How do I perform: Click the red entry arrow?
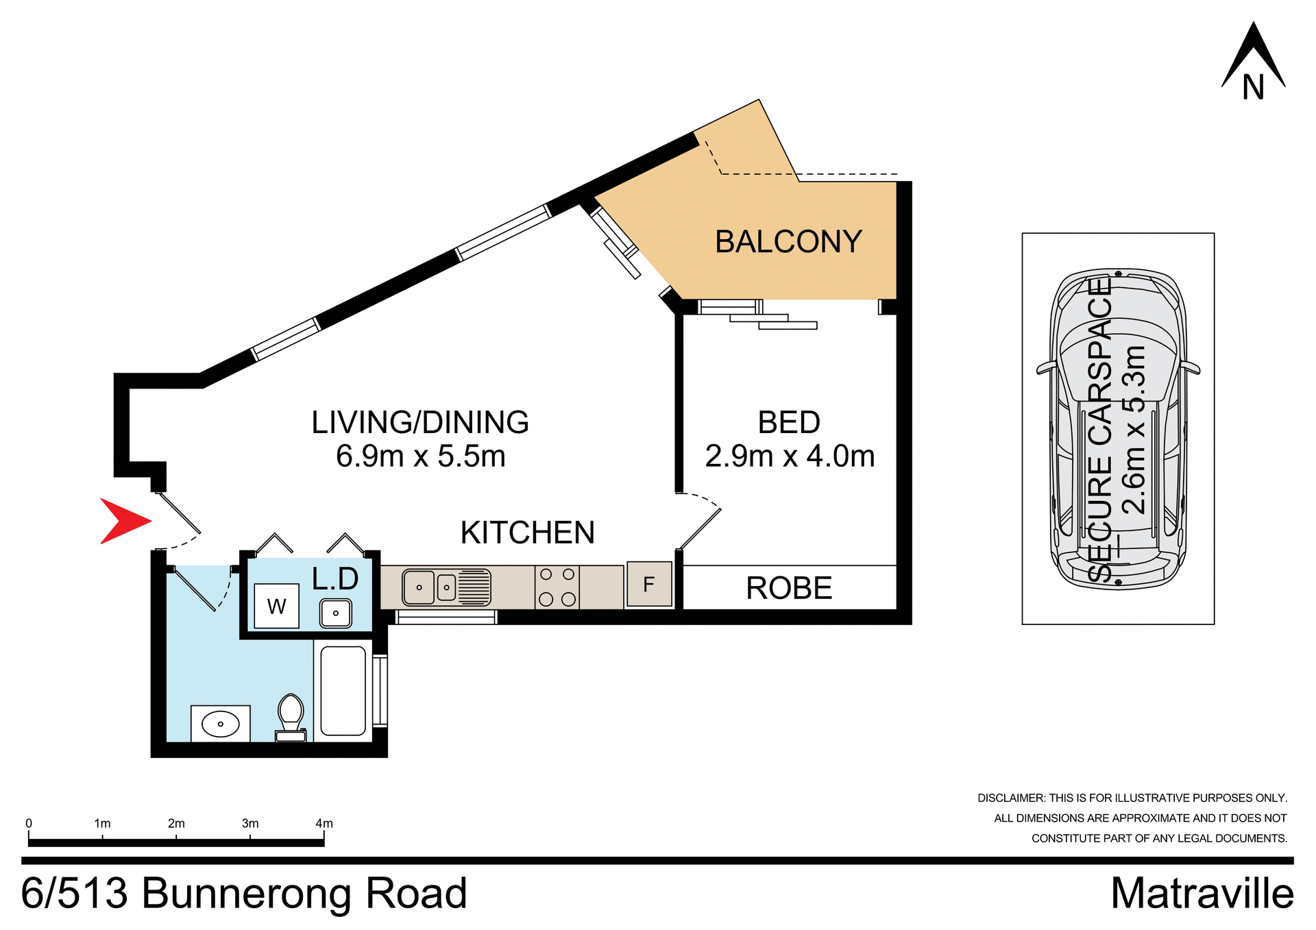[x=123, y=521]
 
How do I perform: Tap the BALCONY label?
[x=788, y=242]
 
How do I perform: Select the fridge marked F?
[x=648, y=584]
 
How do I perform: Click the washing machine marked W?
[x=276, y=606]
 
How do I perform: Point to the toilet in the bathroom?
[x=291, y=717]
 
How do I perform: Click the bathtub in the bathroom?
[x=343, y=690]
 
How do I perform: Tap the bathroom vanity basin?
[x=220, y=724]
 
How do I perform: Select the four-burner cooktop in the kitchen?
[x=557, y=587]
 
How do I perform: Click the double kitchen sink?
[x=446, y=587]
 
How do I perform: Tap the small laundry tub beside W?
[x=336, y=613]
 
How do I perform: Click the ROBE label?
[x=789, y=588]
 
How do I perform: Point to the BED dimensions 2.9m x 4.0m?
[x=790, y=456]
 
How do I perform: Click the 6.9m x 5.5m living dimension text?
[x=420, y=456]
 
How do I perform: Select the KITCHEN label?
[x=527, y=533]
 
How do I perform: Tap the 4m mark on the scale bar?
[x=324, y=824]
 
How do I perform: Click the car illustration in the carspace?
[x=1118, y=429]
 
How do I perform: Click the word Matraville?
[x=1202, y=894]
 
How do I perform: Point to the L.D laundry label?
[x=334, y=579]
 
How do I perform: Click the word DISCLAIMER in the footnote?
[x=1010, y=798]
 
